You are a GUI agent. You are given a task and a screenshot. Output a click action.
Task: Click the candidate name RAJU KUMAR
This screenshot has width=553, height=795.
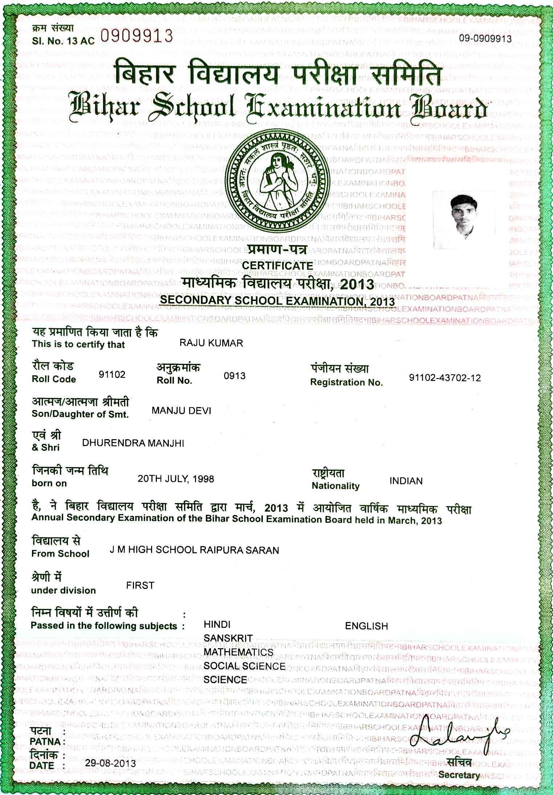(x=211, y=343)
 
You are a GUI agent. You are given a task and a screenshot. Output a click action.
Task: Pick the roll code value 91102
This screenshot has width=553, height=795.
(x=112, y=374)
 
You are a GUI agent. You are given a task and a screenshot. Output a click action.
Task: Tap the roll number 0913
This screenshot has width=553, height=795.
(x=235, y=376)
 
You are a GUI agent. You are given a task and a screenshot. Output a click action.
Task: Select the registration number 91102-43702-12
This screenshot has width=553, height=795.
(x=445, y=378)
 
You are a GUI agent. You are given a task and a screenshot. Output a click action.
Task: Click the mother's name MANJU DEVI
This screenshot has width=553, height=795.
(x=181, y=411)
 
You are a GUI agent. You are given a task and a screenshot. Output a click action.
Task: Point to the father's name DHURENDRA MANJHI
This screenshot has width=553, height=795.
(x=133, y=443)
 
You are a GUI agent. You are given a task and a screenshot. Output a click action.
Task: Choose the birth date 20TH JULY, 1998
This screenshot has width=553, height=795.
(x=176, y=479)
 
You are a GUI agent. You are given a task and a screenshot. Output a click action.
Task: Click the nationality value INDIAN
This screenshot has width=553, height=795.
(x=406, y=481)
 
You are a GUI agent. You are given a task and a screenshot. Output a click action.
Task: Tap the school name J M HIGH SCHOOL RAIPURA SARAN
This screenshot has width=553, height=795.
(x=194, y=550)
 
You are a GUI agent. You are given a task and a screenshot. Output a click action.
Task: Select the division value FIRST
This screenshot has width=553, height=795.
(x=140, y=585)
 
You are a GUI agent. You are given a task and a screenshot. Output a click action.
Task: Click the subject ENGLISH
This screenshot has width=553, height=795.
(x=366, y=626)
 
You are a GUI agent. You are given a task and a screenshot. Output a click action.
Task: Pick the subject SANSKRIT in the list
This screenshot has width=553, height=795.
(x=228, y=638)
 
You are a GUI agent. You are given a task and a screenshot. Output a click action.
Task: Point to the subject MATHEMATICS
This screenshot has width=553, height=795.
(x=238, y=652)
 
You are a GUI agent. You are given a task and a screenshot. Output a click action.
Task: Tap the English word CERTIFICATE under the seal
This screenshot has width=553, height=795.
(x=277, y=266)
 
